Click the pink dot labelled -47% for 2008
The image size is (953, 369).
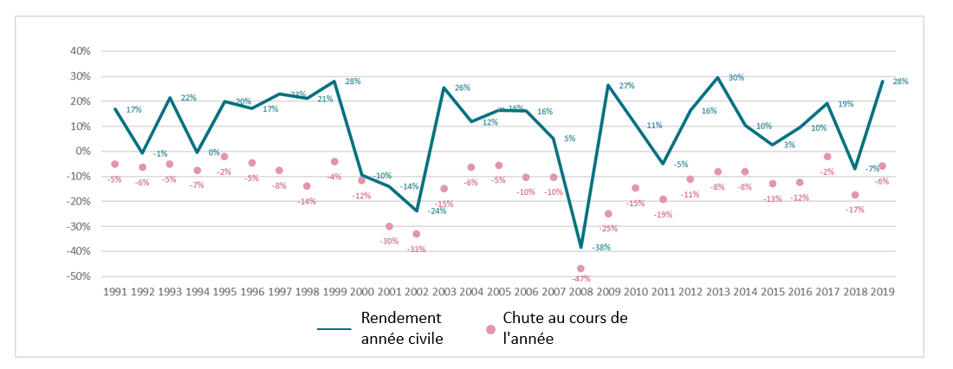(x=580, y=269)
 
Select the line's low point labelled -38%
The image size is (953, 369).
(x=580, y=248)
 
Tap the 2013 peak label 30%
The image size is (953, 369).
(x=736, y=78)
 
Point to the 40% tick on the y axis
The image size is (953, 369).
(x=80, y=51)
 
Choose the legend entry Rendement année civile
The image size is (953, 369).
(x=402, y=328)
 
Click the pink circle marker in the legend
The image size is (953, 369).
(x=490, y=329)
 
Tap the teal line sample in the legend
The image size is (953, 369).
(x=334, y=329)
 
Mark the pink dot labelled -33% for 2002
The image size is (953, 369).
(x=416, y=234)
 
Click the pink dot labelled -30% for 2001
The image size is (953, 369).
(x=389, y=226)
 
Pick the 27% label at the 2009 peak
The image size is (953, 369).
(x=626, y=86)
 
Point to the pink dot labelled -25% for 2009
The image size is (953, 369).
(x=608, y=214)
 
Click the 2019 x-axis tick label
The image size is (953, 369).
(x=882, y=293)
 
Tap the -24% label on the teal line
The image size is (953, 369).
(x=437, y=210)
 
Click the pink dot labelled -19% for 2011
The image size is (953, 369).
(x=663, y=199)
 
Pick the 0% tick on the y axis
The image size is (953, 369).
(x=84, y=152)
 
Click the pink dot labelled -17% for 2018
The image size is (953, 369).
(x=855, y=195)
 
